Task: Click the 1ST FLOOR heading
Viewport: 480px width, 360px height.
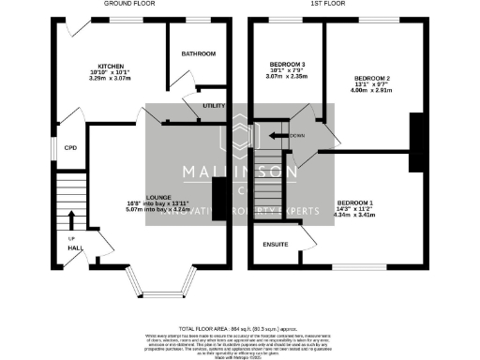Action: click(x=349, y=5)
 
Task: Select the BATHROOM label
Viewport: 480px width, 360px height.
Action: click(x=198, y=53)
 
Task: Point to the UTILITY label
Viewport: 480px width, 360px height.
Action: click(x=215, y=106)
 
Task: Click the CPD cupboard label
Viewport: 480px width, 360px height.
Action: click(x=68, y=146)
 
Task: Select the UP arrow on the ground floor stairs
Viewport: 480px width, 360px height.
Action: click(x=71, y=220)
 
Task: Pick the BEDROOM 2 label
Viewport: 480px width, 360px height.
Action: click(x=372, y=77)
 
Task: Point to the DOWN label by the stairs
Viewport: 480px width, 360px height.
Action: click(x=297, y=135)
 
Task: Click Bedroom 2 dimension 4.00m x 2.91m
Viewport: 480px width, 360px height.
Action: click(x=372, y=92)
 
